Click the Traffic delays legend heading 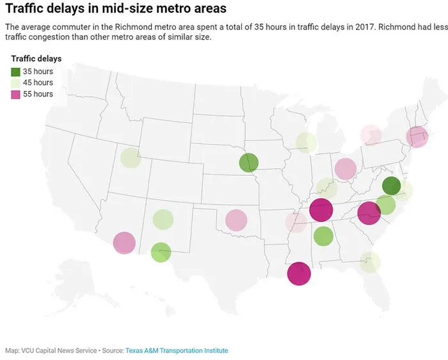36,59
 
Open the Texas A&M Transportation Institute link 176,350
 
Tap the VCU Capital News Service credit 59,350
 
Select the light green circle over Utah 130,157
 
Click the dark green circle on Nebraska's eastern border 248,162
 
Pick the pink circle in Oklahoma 236,220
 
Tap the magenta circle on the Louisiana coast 298,273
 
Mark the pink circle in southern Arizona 124,243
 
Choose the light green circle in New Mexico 163,219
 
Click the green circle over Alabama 323,236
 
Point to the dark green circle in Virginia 391,186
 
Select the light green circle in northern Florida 370,262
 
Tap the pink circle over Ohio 345,169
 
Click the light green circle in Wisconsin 306,143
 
